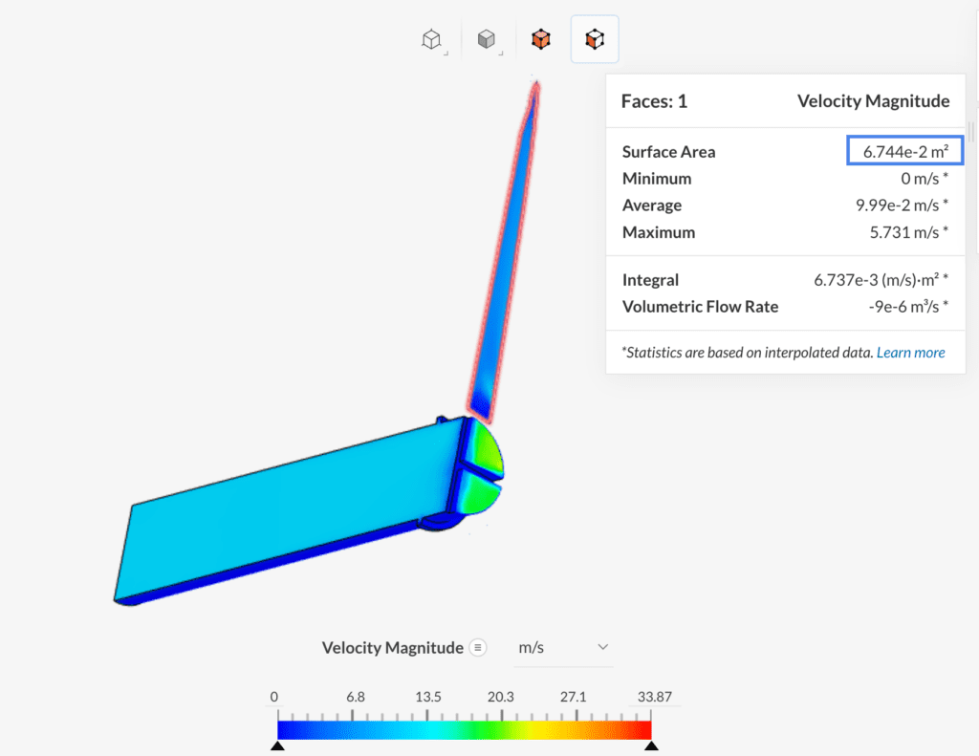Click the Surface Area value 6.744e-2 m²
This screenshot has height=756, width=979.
(904, 151)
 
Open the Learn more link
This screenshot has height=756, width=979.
(910, 353)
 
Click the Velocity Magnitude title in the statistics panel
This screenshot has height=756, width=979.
(873, 101)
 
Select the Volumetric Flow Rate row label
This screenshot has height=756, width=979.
(700, 307)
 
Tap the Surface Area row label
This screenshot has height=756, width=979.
(668, 152)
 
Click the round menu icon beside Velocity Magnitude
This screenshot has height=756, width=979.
(478, 648)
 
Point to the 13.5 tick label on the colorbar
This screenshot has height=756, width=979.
(428, 697)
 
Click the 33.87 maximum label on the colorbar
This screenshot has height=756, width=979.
(655, 697)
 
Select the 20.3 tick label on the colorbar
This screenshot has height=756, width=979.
(500, 697)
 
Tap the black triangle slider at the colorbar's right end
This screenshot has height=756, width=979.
(651, 745)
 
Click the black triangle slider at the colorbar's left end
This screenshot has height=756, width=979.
(277, 745)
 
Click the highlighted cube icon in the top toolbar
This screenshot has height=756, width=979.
(595, 39)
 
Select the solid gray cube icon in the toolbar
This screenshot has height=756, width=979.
(487, 39)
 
